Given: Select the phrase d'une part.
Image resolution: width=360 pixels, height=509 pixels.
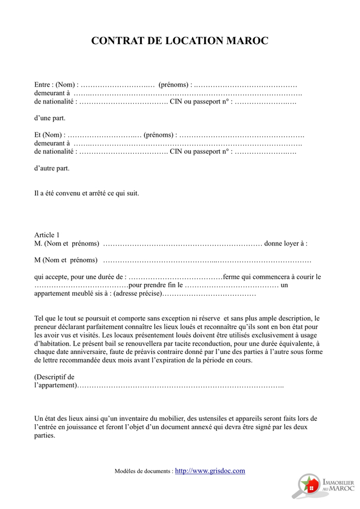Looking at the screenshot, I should pos(50,118).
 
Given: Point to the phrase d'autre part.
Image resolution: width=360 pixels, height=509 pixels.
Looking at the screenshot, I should pos(52,168).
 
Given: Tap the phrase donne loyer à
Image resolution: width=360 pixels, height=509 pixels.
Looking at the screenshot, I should pos(286,244).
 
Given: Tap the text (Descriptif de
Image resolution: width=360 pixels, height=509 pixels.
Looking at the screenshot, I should pos(54,377).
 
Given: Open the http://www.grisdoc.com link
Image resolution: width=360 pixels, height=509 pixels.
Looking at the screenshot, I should pos(210,471).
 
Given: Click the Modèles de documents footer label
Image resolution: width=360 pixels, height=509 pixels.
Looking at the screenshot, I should pos(144,471).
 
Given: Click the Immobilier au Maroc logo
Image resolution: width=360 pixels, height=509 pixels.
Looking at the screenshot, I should pos(324,485).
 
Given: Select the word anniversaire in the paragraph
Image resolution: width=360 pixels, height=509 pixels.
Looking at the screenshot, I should pos(86,352).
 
